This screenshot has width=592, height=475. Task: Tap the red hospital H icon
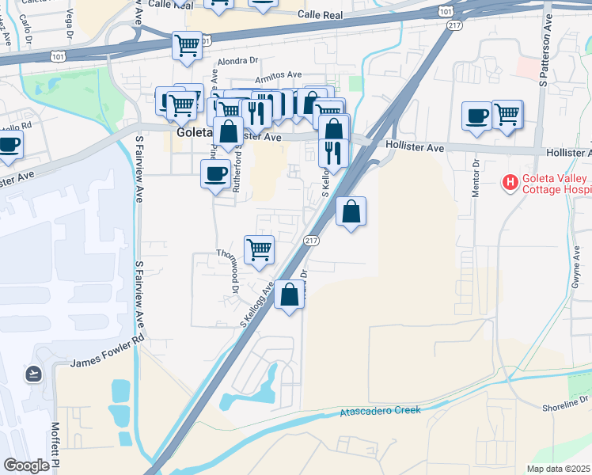[510, 184]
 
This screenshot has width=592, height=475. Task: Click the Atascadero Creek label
[381, 411]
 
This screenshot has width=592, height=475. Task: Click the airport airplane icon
[34, 373]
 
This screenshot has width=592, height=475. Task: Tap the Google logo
[26, 465]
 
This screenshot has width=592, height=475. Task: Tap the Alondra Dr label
[237, 60]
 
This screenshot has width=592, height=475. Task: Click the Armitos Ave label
[278, 75]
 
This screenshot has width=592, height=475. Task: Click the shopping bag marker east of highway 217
[351, 211]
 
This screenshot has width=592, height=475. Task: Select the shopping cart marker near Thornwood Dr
[259, 250]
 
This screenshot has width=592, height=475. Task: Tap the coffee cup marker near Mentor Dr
[476, 116]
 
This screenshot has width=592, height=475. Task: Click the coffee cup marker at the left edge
[9, 144]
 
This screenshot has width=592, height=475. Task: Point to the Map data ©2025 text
[559, 469]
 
